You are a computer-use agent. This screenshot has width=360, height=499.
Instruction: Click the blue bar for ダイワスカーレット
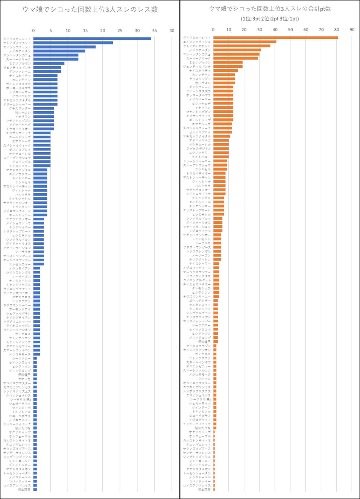[92, 39]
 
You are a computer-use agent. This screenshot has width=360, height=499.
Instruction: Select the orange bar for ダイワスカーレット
[275, 38]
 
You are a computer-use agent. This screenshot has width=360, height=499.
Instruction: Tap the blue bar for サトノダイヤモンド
[73, 43]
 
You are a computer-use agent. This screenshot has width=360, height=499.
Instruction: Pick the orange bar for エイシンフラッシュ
[245, 42]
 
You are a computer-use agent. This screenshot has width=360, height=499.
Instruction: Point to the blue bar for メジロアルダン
[59, 51]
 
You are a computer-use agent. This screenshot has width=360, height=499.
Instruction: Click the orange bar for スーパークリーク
[235, 58]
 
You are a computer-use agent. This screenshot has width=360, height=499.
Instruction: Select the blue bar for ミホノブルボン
[49, 63]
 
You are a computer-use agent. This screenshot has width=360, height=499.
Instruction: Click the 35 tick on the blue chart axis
[154, 30]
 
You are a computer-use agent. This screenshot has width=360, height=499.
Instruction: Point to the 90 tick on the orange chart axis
[352, 30]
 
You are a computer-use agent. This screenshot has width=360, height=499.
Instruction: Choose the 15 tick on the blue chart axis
[85, 30]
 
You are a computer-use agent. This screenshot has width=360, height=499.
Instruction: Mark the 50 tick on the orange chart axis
[290, 30]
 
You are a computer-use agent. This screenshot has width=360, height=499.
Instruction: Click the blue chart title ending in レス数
[90, 10]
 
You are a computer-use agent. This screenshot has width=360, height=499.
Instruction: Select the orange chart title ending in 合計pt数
[270, 9]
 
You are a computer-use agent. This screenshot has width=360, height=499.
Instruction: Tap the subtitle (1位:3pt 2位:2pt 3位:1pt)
[270, 18]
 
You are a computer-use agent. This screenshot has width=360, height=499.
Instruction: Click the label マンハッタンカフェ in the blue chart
[17, 55]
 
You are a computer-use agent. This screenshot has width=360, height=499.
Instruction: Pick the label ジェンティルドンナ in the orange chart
[197, 67]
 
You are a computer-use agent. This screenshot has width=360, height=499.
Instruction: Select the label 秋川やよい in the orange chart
[203, 83]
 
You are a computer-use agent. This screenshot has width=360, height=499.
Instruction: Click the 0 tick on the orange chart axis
[213, 30]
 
